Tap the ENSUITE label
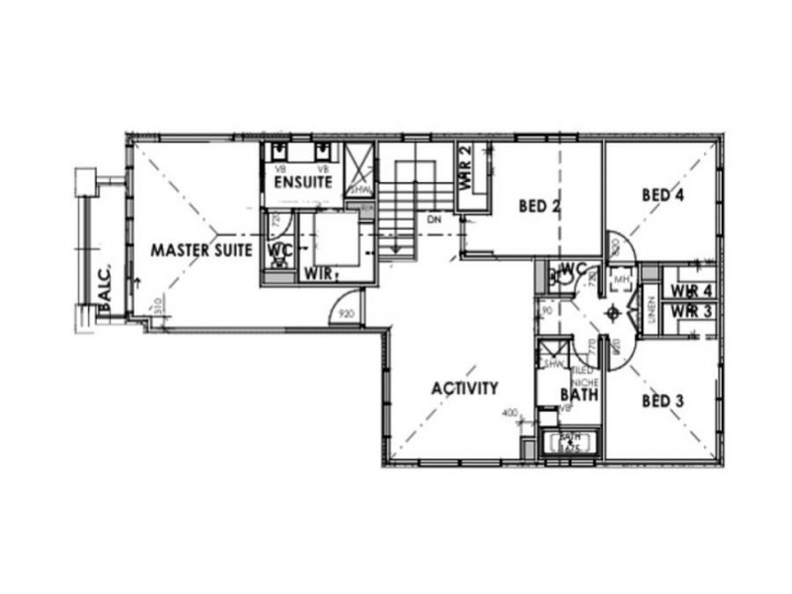(302, 183)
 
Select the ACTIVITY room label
(464, 388)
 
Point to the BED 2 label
(541, 207)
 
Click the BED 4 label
(662, 195)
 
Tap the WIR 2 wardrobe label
(465, 170)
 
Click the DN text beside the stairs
(433, 220)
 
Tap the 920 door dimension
(346, 314)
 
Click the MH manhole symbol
(622, 280)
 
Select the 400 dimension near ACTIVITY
(510, 413)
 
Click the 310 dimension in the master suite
(155, 309)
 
